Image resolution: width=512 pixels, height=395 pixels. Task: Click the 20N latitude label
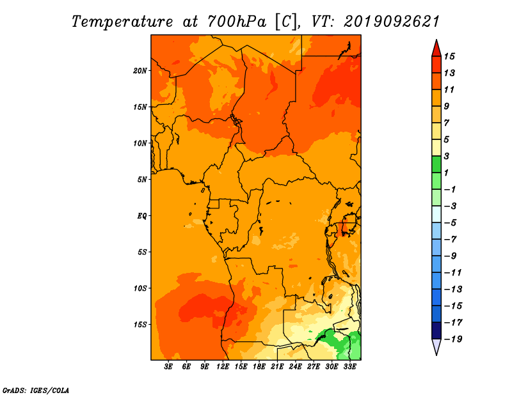coord(140,71)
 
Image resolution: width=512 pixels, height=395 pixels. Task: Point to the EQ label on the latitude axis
coord(141,216)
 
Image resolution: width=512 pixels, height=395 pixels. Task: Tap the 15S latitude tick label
coord(140,325)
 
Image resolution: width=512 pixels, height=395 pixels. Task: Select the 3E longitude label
coord(168,366)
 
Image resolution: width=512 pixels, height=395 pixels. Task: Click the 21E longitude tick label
coord(277,366)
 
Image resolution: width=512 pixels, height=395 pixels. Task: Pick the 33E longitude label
coord(349,366)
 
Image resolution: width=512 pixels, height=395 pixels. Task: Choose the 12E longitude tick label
coord(223,366)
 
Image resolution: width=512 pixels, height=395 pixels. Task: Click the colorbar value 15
coord(449,56)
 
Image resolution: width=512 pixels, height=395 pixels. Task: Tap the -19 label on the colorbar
coord(453,339)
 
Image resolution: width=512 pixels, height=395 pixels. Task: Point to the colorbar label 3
coord(446,156)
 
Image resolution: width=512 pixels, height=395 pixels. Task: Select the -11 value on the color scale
coord(453,273)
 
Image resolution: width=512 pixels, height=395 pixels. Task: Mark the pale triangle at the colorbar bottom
coord(436,346)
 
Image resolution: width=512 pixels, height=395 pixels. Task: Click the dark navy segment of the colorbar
coord(436,330)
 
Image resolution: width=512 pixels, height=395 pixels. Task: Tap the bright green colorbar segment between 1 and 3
coord(436,164)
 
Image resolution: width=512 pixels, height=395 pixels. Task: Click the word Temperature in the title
coord(122,22)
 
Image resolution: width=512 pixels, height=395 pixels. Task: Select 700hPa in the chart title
coord(237,22)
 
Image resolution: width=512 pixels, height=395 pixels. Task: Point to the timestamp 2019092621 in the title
coord(392,22)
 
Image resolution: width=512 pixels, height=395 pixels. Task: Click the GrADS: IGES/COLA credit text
coord(36,391)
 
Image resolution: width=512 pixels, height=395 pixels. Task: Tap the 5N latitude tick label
coord(142,180)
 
